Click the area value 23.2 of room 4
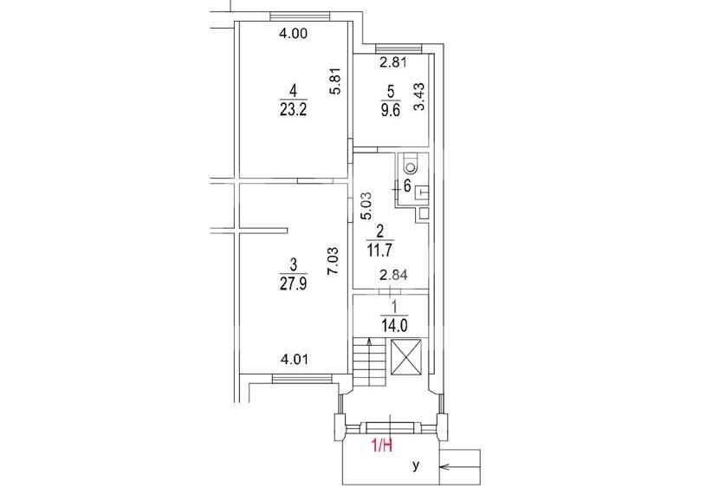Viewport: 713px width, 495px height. pyautogui.click(x=294, y=109)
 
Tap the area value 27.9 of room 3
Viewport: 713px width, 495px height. pyautogui.click(x=294, y=283)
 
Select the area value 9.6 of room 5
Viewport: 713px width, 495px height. pyautogui.click(x=391, y=110)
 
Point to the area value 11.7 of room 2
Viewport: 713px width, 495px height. pyautogui.click(x=379, y=250)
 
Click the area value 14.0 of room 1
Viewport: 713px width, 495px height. pyautogui.click(x=394, y=325)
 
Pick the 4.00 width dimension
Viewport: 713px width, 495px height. pyautogui.click(x=294, y=33)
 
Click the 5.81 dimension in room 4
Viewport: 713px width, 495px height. pyautogui.click(x=335, y=81)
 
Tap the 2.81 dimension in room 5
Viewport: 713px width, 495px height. pyautogui.click(x=393, y=62)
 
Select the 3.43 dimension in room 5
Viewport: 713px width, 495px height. pyautogui.click(x=418, y=96)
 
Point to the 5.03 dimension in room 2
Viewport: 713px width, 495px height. pyautogui.click(x=366, y=206)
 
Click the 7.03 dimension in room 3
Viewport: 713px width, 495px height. pyautogui.click(x=334, y=261)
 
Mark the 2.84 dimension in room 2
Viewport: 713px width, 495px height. pyautogui.click(x=394, y=275)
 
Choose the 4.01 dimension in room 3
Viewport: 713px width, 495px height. pyautogui.click(x=295, y=360)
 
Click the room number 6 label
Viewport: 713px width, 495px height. pyautogui.click(x=407, y=186)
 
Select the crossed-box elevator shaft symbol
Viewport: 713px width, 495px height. pyautogui.click(x=406, y=357)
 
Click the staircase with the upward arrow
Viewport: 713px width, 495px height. pyautogui.click(x=369, y=361)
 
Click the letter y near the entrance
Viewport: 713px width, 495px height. pyautogui.click(x=416, y=466)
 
